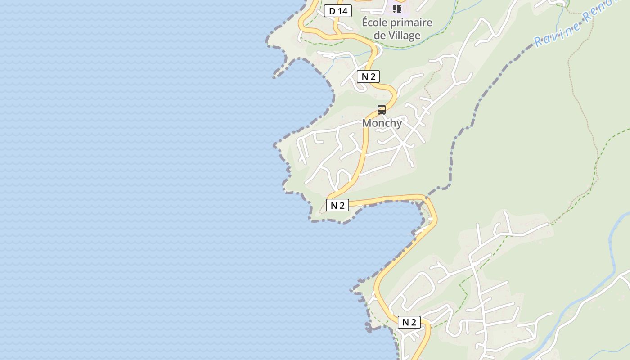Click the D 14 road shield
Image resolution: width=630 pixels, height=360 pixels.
point(338,11)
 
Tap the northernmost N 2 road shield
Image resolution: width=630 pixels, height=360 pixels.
point(368,76)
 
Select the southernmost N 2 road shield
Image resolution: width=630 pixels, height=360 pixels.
point(409,322)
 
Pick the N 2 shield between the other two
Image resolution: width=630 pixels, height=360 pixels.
point(337,206)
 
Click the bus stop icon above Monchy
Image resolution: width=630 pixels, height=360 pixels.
point(382,109)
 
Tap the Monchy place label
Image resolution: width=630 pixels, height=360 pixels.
point(382,123)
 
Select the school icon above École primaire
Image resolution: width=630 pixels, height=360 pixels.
point(396,9)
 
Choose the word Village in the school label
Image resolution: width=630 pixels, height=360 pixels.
point(405,36)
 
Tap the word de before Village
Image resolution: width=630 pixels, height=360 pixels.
point(380,36)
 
